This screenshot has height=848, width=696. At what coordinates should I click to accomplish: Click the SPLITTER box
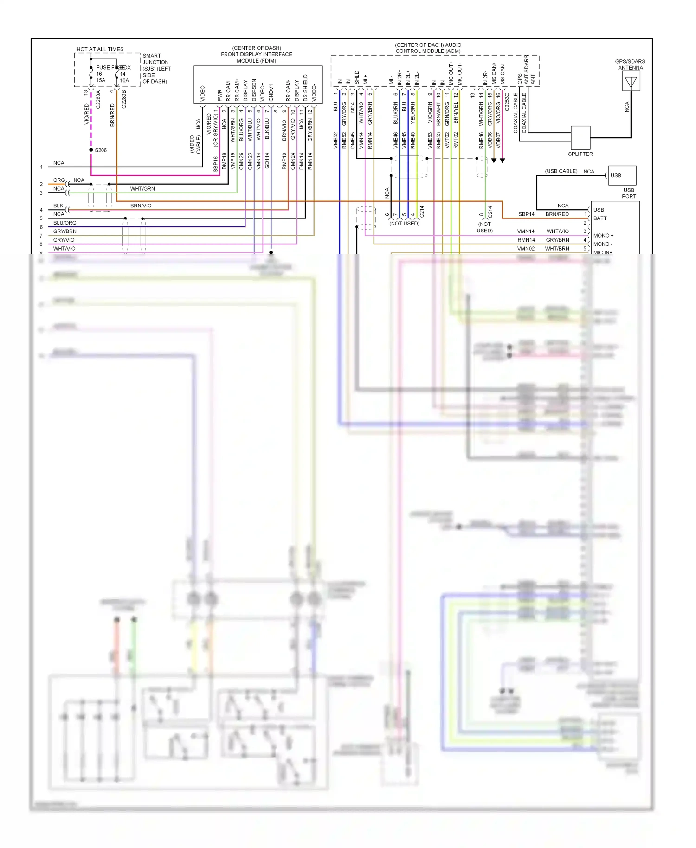pyautogui.click(x=580, y=137)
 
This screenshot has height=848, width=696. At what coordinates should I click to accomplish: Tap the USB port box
pyautogui.click(x=622, y=175)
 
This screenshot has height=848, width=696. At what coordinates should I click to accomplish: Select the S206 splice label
pyautogui.click(x=101, y=150)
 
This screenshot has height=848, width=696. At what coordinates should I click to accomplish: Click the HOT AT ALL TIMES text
pyautogui.click(x=100, y=49)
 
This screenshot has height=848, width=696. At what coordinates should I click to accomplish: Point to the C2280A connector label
pyautogui.click(x=98, y=99)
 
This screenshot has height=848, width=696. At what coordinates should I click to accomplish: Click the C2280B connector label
pyautogui.click(x=124, y=99)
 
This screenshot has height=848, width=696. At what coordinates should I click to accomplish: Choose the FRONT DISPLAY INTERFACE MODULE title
pyautogui.click(x=257, y=54)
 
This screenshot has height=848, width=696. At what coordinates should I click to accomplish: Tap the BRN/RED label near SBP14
pyautogui.click(x=557, y=214)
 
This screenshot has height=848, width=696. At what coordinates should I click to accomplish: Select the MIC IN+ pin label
pyautogui.click(x=603, y=252)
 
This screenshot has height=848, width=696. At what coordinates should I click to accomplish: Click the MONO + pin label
pyautogui.click(x=603, y=236)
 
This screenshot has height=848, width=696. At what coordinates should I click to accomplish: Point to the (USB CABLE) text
pyautogui.click(x=561, y=171)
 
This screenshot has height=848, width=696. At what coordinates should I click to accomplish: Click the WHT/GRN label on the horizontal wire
pyautogui.click(x=142, y=189)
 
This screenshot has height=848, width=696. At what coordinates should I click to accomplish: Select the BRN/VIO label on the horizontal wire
pyautogui.click(x=141, y=206)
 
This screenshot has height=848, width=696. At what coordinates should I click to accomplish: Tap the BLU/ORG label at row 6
pyautogui.click(x=64, y=223)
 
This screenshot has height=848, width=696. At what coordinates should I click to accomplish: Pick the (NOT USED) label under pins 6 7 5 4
pyautogui.click(x=404, y=224)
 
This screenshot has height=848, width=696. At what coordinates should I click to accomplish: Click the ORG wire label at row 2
pyautogui.click(x=59, y=180)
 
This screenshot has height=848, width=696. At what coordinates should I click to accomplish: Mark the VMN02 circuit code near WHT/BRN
pyautogui.click(x=526, y=249)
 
